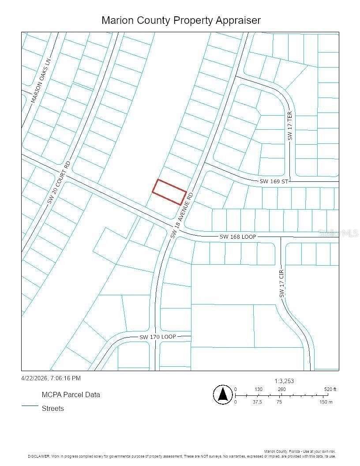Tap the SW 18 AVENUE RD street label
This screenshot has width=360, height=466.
182,215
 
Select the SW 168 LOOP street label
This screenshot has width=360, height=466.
237,237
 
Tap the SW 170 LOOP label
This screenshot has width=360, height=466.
157,337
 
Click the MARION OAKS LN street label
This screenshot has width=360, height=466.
41,81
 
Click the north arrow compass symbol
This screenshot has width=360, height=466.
223,395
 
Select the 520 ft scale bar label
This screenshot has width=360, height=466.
330,389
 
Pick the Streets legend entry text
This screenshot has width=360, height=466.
52,408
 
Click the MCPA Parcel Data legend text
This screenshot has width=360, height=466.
71,395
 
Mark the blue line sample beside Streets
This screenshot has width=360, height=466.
30,406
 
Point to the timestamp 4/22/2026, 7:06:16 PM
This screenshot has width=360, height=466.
51,378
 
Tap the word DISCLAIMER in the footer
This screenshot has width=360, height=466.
39,455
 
